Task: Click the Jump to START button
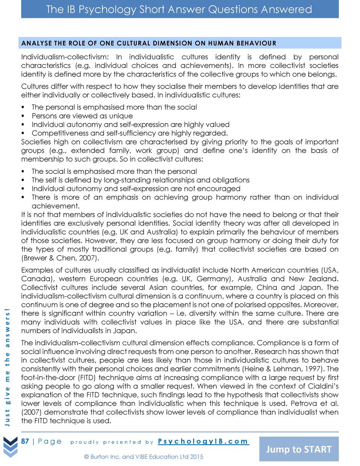click(299, 449)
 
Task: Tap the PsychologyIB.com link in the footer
click(203, 441)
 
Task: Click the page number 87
click(25, 441)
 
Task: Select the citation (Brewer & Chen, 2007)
click(60, 258)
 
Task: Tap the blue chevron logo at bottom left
click(10, 446)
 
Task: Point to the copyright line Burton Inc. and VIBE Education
click(144, 457)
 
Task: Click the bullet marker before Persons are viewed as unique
click(23, 116)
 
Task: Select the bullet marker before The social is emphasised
click(23, 171)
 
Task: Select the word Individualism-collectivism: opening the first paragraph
click(65, 57)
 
